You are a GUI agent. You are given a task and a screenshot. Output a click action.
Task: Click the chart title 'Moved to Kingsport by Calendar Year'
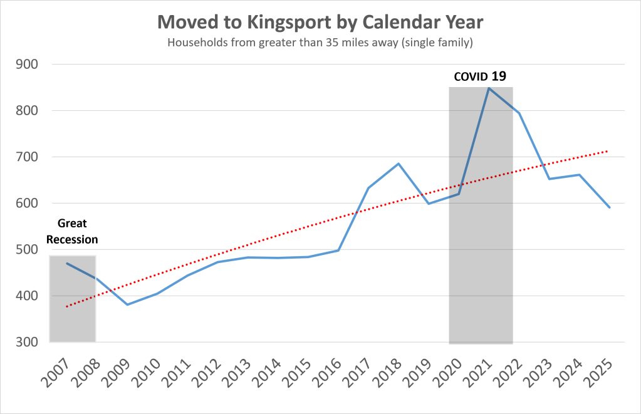(x=320, y=22)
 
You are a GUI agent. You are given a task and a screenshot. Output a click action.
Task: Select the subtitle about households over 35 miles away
(x=320, y=43)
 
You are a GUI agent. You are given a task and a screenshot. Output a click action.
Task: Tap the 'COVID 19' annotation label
(x=479, y=77)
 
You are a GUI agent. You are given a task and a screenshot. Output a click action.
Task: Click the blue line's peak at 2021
(x=489, y=88)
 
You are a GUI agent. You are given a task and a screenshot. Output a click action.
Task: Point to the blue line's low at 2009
(x=127, y=304)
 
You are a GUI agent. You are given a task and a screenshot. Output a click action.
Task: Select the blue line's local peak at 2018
(x=399, y=163)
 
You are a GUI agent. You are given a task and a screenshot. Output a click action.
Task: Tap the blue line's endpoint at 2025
(x=609, y=207)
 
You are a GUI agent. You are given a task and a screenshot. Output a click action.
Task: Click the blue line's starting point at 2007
(x=67, y=263)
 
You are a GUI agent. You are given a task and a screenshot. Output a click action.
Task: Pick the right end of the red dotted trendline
(x=608, y=151)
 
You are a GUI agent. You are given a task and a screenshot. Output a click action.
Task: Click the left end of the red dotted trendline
(x=67, y=306)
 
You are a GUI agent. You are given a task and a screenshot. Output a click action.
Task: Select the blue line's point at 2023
(x=549, y=179)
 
